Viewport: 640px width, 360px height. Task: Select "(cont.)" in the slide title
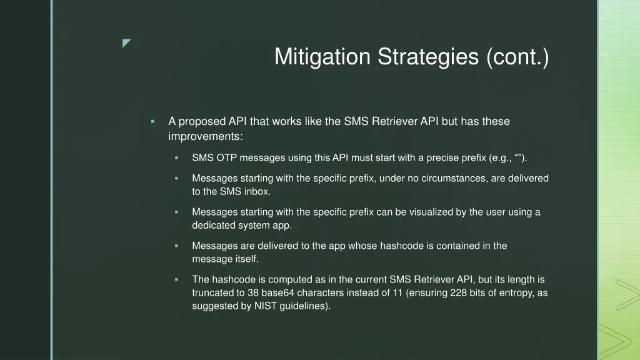click(x=518, y=57)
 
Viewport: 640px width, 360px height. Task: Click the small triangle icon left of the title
click(x=127, y=43)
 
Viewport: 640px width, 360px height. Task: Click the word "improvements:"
click(x=206, y=136)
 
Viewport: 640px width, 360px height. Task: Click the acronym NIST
click(x=259, y=307)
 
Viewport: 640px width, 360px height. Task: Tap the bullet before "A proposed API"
click(x=152, y=121)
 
